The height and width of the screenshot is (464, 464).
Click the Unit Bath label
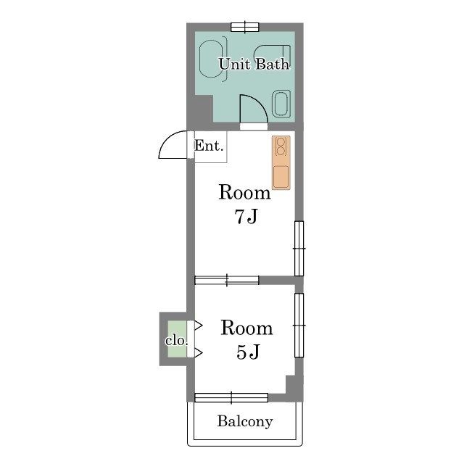tap(254, 65)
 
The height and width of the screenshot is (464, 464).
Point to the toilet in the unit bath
tap(273, 57)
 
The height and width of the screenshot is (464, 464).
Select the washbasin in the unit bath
tap(281, 103)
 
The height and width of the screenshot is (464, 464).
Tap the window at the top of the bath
tap(245, 27)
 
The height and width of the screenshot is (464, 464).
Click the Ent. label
tap(209, 146)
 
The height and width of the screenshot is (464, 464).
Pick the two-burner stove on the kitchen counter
tap(281, 146)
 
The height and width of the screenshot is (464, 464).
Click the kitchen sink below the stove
tap(281, 177)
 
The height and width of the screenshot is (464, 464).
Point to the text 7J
tap(246, 216)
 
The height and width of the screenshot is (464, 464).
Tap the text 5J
tap(248, 352)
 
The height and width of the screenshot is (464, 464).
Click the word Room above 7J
tap(244, 192)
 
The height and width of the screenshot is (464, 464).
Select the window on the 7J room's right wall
tap(299, 248)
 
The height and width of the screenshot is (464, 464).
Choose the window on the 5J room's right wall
tap(299, 326)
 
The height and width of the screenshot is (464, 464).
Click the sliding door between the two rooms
tap(227, 280)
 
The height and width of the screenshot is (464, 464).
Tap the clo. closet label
tap(176, 341)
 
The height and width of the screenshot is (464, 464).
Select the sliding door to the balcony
tap(231, 398)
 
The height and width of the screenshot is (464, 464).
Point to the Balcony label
tap(245, 421)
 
